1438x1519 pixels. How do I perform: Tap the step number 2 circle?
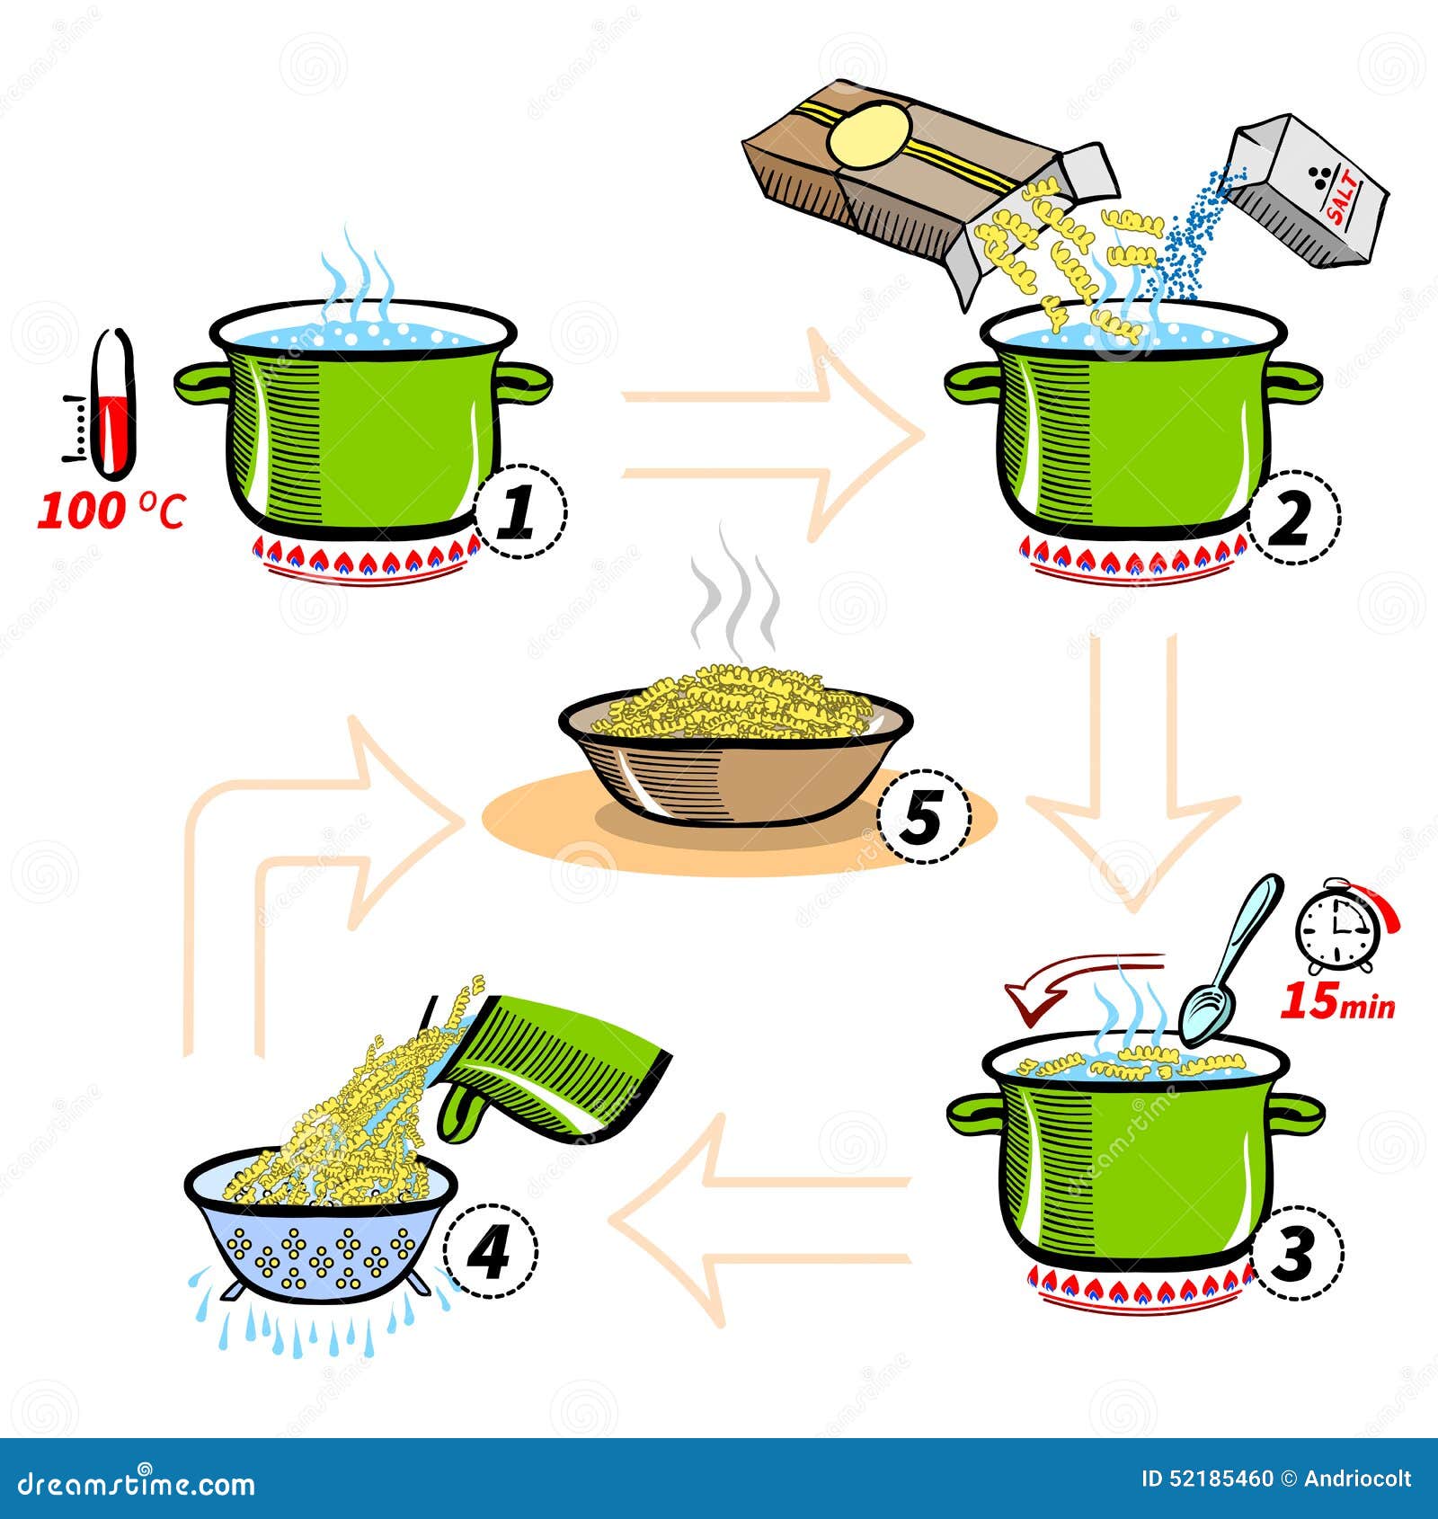(x=1292, y=518)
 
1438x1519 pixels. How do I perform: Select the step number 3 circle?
(x=1295, y=1252)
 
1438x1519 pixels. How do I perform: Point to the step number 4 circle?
(x=490, y=1251)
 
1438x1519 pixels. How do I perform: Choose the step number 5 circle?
(x=923, y=816)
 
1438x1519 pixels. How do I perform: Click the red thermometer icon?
(x=114, y=404)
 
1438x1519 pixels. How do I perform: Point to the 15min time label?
(x=1336, y=1002)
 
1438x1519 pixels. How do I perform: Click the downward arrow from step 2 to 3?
(x=1132, y=773)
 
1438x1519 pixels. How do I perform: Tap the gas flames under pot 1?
(x=368, y=563)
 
